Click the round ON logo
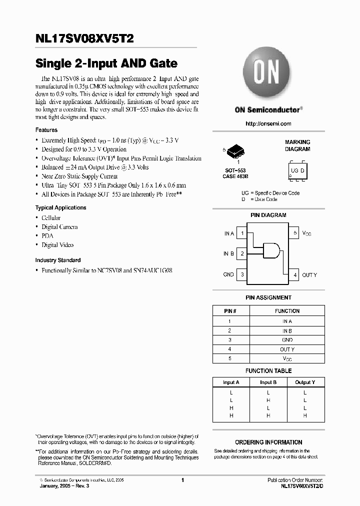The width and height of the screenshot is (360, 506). [267, 74]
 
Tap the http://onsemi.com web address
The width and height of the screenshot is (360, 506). [268, 123]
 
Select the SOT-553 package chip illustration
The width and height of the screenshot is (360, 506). [235, 150]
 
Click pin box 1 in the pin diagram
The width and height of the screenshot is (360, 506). [242, 233]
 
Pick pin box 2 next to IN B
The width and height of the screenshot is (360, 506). [242, 254]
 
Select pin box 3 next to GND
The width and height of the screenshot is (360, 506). [242, 274]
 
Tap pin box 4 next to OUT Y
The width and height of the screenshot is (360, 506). [295, 274]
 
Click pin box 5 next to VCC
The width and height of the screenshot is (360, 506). [295, 233]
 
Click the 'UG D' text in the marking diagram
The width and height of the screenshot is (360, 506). [297, 171]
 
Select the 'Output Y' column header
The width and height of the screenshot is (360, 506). [304, 382]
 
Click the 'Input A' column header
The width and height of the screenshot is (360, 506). [231, 382]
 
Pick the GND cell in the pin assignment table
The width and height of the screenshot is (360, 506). [287, 340]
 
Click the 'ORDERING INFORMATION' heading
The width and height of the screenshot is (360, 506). [268, 442]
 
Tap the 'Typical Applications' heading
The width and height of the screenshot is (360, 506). [60, 207]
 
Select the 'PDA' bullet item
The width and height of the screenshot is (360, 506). [47, 236]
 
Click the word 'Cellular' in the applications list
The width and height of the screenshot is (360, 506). [51, 218]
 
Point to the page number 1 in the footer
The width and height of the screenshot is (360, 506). [182, 480]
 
